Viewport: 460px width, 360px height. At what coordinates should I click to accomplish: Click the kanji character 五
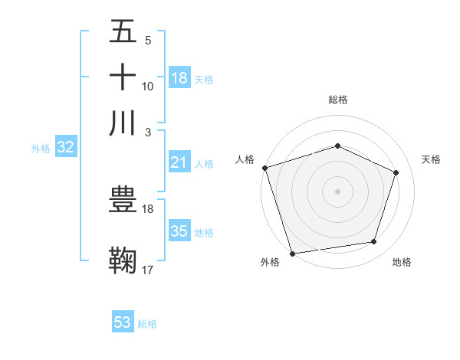point(123,32)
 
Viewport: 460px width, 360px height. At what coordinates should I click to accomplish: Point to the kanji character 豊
point(123,200)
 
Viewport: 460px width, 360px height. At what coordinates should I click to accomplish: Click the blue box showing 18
point(179,78)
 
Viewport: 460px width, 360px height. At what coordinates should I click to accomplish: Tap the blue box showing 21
point(179,162)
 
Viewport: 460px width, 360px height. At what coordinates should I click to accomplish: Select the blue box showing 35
point(179,231)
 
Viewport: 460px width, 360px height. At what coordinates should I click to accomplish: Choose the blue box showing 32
point(65,148)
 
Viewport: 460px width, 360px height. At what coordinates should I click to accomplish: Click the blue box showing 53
point(123,322)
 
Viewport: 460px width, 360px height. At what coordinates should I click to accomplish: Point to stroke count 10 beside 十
point(148,87)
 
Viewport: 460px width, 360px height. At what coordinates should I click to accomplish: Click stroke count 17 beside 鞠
point(148,270)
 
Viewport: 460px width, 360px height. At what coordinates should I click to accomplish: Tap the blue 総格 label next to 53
point(147,324)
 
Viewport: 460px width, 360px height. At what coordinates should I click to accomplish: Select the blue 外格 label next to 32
point(41,149)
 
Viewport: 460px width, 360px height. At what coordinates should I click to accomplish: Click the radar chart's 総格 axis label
point(338,100)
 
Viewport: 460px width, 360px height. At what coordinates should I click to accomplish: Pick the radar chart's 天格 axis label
point(431,159)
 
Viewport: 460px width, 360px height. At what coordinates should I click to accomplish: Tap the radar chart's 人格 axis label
point(245,159)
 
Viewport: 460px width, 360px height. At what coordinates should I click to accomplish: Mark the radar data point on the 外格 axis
point(292,253)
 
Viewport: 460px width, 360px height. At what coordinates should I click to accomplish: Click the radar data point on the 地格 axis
point(374,242)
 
